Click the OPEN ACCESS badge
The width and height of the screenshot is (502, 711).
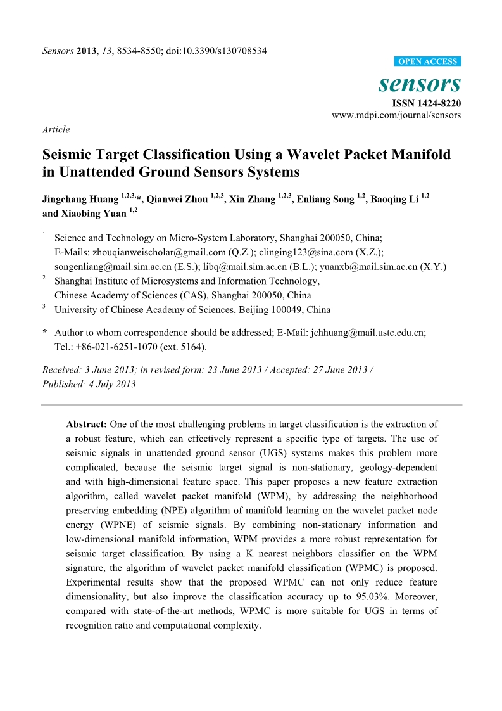[x=427, y=61]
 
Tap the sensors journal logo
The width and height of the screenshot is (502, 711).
[x=420, y=83]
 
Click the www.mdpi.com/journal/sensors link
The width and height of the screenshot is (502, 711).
[x=396, y=115]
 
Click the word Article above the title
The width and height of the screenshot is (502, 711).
[x=56, y=129]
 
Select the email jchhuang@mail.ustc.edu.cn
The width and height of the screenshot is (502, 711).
[x=368, y=332]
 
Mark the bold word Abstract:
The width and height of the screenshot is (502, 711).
[x=87, y=424]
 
